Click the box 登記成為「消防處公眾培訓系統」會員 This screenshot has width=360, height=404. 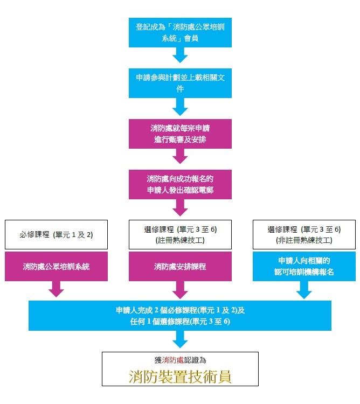coord(180,32)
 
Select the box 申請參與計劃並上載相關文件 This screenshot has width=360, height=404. coord(180,82)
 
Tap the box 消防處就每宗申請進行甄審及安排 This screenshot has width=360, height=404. coord(180,134)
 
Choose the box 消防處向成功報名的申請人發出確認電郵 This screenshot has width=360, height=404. coord(180,184)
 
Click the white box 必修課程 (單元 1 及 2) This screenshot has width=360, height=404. coord(56,234)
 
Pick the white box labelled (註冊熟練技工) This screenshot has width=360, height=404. coord(180,234)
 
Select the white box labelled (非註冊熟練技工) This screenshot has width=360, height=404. coord(304,234)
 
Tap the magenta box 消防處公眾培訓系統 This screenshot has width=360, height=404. coord(56,266)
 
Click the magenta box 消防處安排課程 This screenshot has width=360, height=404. coord(180,266)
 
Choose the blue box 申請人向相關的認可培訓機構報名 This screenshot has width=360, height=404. coord(304,266)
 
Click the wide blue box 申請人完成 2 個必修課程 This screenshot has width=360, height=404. coord(180,315)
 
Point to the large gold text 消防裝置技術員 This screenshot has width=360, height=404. coord(180,376)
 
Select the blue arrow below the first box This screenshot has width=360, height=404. coord(180,55)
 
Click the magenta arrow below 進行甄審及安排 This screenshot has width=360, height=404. coord(180,156)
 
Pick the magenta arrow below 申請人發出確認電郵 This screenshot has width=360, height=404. coord(180,207)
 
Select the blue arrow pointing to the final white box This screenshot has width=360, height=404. coord(180,339)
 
